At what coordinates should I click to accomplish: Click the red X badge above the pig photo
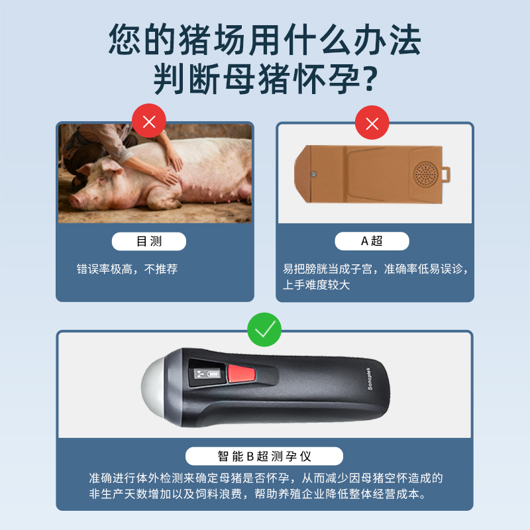point(148,121)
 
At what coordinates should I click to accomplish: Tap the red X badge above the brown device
point(372,123)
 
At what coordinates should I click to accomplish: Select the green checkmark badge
point(264,329)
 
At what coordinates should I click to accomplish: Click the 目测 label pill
point(148,241)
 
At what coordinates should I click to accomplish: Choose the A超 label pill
point(372,241)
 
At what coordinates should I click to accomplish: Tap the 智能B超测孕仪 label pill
point(264,456)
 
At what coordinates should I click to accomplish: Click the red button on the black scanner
point(242,374)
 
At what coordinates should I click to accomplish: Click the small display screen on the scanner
point(207,374)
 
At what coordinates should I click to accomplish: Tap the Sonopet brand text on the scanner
point(370,378)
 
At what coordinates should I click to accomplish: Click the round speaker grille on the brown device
point(425,174)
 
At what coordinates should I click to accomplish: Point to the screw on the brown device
point(313,174)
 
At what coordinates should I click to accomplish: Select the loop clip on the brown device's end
point(446,175)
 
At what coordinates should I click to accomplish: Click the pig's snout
point(75,201)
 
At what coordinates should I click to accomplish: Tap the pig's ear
point(111,166)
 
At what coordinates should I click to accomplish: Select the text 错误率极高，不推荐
point(127,269)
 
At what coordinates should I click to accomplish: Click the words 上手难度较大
point(316,285)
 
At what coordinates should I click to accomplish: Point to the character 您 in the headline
point(125,39)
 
